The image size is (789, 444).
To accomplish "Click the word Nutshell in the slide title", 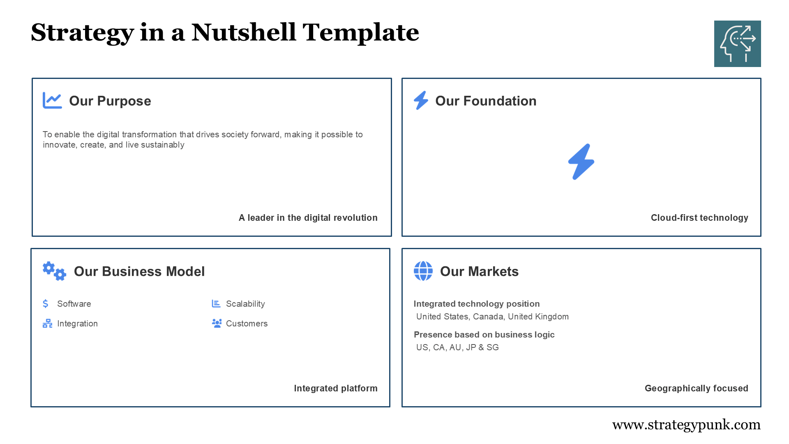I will coord(243,32).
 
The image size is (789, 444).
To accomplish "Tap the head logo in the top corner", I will coord(737,44).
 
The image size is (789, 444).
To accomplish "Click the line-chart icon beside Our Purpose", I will coord(52,100).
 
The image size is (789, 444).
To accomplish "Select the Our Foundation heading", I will coord(485,101).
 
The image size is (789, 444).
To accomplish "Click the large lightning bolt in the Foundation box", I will coord(581,162).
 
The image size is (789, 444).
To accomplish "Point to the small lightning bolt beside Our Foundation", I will coord(421,100).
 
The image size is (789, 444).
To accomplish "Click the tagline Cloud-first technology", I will coord(699,217).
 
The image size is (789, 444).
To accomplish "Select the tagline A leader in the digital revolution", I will coord(308,217).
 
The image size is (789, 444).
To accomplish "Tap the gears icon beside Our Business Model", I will coord(54,271).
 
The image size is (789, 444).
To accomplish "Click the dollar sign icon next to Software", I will coord(46,303).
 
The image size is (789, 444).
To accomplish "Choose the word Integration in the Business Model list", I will coord(77,324).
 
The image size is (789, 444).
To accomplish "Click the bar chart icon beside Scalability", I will coord(216,303).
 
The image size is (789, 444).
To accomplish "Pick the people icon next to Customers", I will coord(217,323).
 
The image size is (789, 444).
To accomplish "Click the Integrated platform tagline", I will coord(335,388).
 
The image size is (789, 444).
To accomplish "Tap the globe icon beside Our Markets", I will coord(423,271).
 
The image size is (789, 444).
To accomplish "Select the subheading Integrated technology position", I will coord(476,304).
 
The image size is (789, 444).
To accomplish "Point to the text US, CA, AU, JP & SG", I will coord(457,347).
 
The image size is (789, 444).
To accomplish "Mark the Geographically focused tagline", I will coord(696,388).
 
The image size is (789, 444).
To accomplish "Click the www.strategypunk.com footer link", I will coord(686,425).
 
